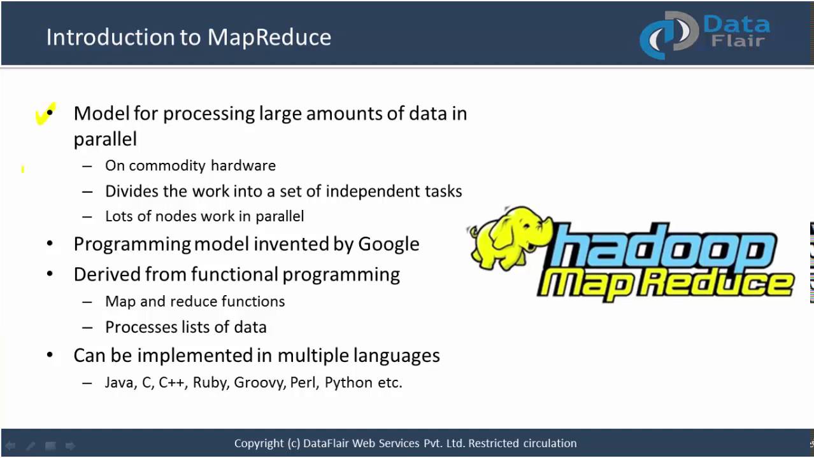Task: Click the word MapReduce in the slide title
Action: (269, 37)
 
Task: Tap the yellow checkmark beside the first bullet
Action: (45, 114)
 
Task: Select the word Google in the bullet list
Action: (389, 244)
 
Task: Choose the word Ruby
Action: (210, 383)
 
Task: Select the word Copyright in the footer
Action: (259, 443)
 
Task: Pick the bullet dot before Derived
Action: (50, 275)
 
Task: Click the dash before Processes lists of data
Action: (87, 328)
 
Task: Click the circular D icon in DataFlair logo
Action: (669, 35)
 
